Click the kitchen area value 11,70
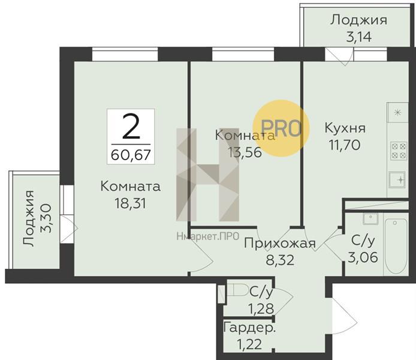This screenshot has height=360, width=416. click(345, 145)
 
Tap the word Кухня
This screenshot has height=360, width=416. click(345, 128)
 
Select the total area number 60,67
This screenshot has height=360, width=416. click(131, 155)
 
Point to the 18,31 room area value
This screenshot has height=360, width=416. click(130, 203)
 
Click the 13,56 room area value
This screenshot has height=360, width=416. click(245, 152)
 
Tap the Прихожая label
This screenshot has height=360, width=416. click(280, 243)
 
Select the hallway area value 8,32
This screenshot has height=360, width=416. click(280, 260)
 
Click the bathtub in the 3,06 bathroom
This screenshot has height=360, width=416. click(396, 246)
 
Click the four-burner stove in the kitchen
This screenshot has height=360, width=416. click(399, 151)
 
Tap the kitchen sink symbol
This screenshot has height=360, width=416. click(397, 180)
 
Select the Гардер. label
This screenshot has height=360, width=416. click(249, 328)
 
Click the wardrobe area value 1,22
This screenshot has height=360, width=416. click(249, 344)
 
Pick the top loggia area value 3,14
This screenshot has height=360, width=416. click(358, 37)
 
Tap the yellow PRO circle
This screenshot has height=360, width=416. click(281, 128)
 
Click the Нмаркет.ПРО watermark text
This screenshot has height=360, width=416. click(208, 236)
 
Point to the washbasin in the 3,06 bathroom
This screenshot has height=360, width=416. click(370, 218)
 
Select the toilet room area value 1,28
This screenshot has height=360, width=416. click(261, 309)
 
